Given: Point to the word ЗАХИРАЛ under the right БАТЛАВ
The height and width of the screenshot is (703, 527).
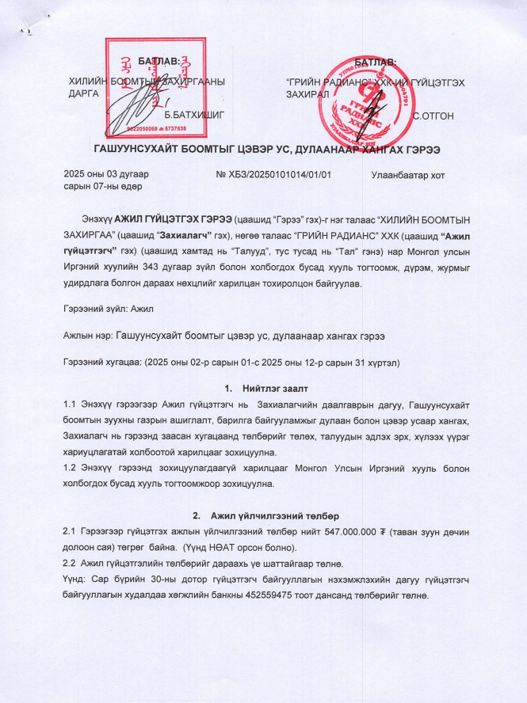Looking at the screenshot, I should (x=306, y=93).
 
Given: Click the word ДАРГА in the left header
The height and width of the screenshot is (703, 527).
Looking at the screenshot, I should (x=84, y=93).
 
